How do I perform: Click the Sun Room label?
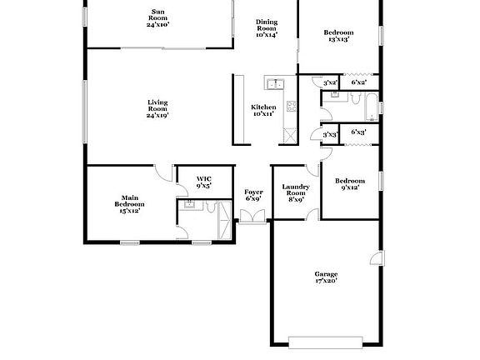tap(157, 18)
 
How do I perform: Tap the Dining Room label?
tap(267, 28)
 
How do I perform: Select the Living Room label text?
tap(157, 109)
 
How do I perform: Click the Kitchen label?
tap(263, 110)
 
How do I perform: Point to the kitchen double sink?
tap(275, 82)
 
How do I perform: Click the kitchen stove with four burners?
tap(291, 106)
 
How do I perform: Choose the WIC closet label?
tap(204, 182)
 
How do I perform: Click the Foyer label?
tap(253, 196)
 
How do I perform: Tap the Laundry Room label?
tap(296, 193)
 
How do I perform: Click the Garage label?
tap(326, 277)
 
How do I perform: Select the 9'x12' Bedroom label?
tap(350, 184)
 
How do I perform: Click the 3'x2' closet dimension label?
tap(330, 82)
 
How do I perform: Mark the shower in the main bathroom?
tap(223, 219)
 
